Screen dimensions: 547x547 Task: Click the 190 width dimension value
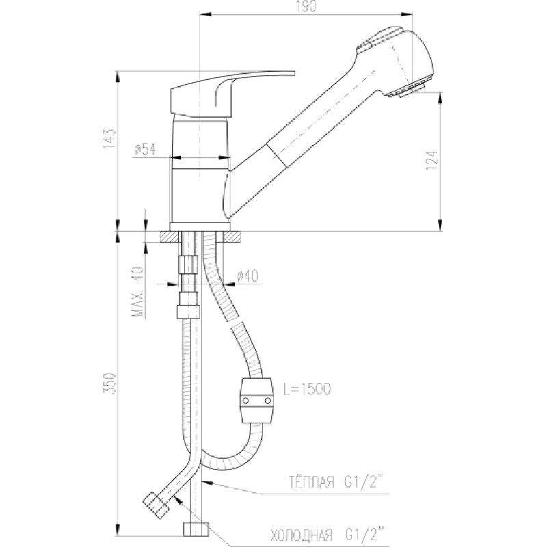coord(307,6)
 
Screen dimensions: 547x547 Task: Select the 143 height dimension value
coord(109,139)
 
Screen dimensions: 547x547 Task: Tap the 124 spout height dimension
coord(431,160)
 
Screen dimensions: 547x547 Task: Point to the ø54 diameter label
coord(144,149)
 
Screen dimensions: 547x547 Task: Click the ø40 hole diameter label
coord(248,276)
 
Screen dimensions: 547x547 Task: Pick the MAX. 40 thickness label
coord(138,292)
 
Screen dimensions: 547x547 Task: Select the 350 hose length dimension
coord(109,384)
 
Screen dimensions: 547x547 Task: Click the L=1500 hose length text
coord(307,388)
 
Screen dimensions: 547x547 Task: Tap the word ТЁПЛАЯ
coord(311,482)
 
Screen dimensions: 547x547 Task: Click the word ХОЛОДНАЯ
coord(302,534)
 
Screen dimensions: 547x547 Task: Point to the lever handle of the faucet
coord(232,94)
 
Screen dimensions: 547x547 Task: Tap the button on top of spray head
coord(379,38)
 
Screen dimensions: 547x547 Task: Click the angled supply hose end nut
coord(156,504)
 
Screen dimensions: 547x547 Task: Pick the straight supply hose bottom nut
coord(196,529)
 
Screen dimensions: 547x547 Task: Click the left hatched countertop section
coord(170,237)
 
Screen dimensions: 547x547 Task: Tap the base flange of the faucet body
coord(200,227)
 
